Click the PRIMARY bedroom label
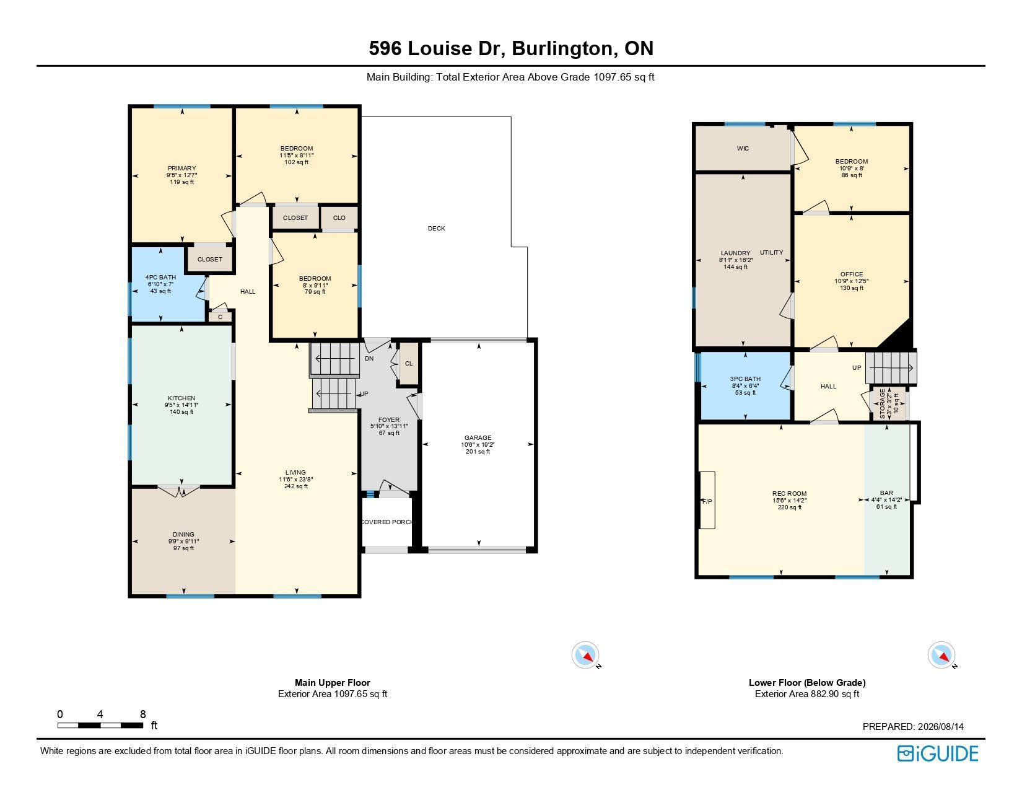coord(181,168)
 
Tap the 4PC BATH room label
coord(160,277)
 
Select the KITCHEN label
coord(181,398)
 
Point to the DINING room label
coord(183,535)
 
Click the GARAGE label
coord(478,437)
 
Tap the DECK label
coord(437,228)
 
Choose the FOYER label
coord(389,419)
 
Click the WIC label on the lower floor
coord(743,149)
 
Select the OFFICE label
coord(852,274)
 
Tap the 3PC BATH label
coord(746,379)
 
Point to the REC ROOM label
coord(790,494)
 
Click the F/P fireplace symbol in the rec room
coord(707,500)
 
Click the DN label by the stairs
coord(369,359)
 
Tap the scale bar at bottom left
coord(100,725)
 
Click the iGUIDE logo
coord(938,754)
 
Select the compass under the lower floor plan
coord(941,655)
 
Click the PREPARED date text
coord(913,726)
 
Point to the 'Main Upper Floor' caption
coord(333,682)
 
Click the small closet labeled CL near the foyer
coord(409,364)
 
